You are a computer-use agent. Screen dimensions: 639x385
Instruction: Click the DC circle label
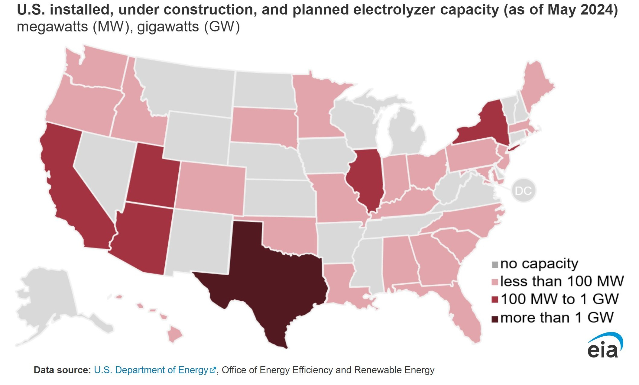[523, 191]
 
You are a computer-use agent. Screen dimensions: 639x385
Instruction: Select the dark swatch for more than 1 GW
[495, 319]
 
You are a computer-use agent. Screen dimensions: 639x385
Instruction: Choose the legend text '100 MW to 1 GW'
[560, 299]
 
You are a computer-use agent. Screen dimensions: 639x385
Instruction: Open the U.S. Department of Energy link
[151, 370]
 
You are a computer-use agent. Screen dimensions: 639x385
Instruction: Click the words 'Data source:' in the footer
[62, 370]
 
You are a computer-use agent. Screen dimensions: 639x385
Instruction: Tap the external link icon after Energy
[213, 370]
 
